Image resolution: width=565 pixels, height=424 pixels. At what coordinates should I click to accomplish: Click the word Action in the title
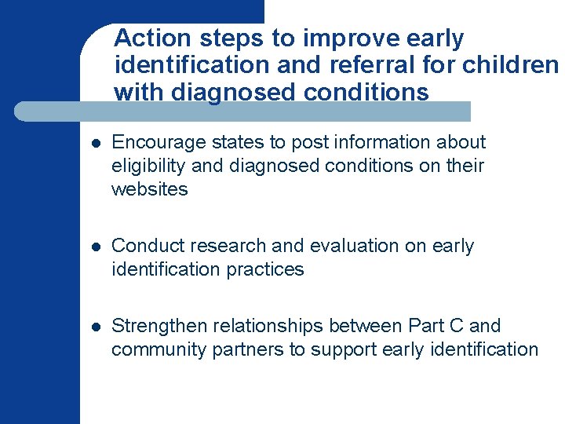(151, 38)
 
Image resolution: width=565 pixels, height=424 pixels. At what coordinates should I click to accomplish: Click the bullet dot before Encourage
(94, 144)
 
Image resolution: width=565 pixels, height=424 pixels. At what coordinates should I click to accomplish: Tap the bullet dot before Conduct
(94, 247)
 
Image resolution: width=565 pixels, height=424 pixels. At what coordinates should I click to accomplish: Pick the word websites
(150, 189)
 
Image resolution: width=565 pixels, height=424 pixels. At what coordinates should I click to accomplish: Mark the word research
(217, 246)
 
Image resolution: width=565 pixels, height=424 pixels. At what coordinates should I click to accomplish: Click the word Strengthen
(158, 326)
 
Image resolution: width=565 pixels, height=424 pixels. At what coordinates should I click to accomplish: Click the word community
(159, 349)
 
